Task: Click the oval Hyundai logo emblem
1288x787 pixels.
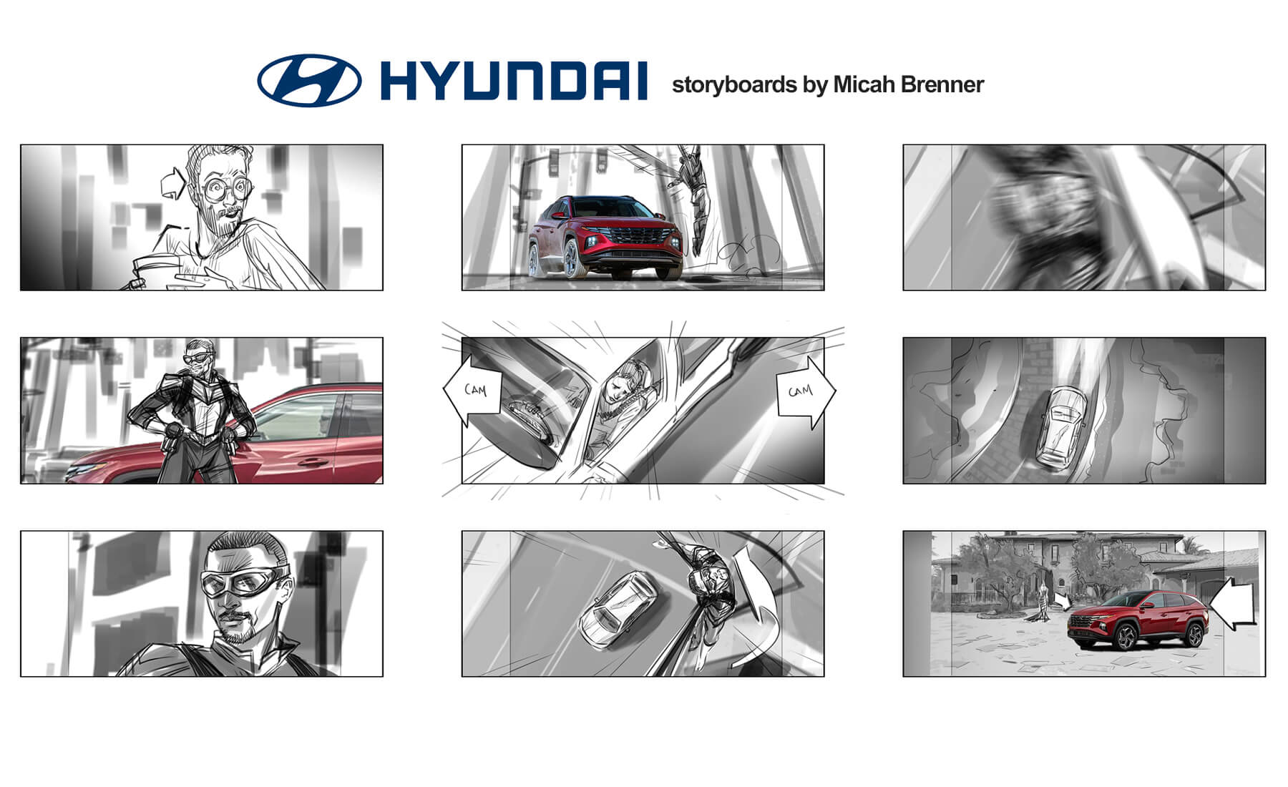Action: point(309,80)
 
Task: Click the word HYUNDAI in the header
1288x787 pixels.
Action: point(514,81)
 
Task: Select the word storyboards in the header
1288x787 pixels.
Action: point(734,84)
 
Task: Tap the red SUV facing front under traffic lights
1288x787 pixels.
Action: point(605,238)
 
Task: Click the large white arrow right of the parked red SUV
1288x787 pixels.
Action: point(1234,604)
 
